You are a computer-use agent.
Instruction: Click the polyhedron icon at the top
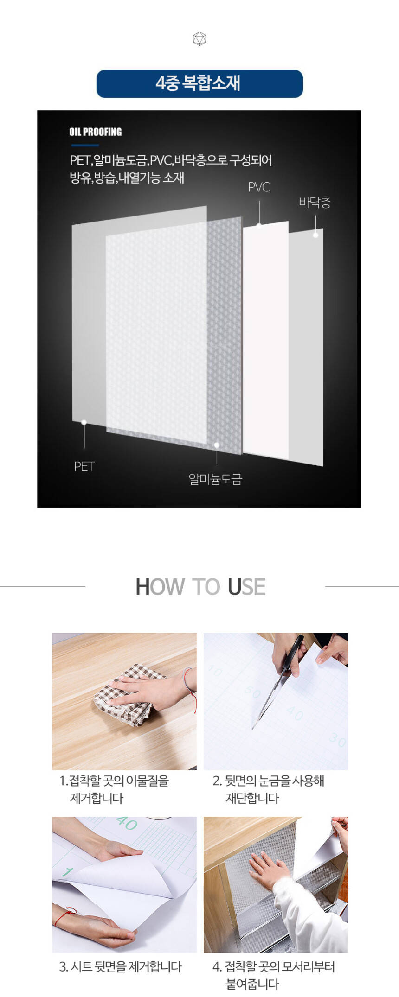(x=199, y=39)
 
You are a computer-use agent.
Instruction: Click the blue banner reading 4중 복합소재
(x=199, y=84)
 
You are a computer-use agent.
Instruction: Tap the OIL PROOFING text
(x=96, y=132)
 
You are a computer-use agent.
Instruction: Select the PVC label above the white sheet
(x=259, y=187)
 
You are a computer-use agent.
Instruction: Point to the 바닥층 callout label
(x=315, y=202)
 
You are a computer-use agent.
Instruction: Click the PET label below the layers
(x=84, y=466)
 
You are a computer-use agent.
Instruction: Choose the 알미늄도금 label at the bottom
(x=215, y=479)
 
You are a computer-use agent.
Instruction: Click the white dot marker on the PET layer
(x=84, y=422)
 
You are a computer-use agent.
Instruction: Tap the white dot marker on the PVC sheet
(x=259, y=225)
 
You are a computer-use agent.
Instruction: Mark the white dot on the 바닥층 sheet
(x=315, y=235)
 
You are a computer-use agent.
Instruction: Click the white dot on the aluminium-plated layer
(x=217, y=445)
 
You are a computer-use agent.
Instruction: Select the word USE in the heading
(x=247, y=587)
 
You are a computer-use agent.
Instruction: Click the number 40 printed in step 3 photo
(x=126, y=823)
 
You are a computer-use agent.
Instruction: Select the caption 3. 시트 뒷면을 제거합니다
(x=120, y=966)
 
